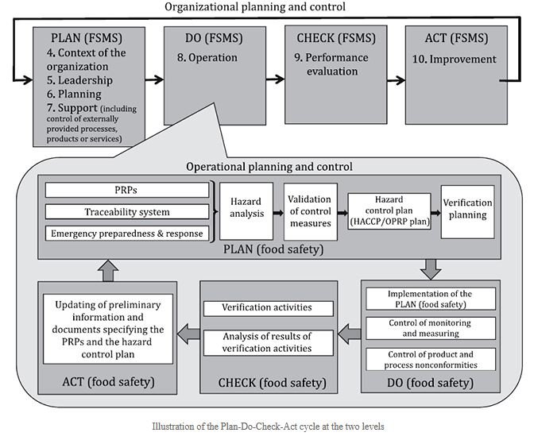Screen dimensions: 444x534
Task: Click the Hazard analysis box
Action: point(240,211)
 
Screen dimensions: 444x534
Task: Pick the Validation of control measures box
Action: point(311,211)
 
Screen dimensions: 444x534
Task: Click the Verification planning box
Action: point(466,211)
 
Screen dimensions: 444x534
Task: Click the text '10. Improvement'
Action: point(454,60)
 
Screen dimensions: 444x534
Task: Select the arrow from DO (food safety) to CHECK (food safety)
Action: point(349,331)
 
